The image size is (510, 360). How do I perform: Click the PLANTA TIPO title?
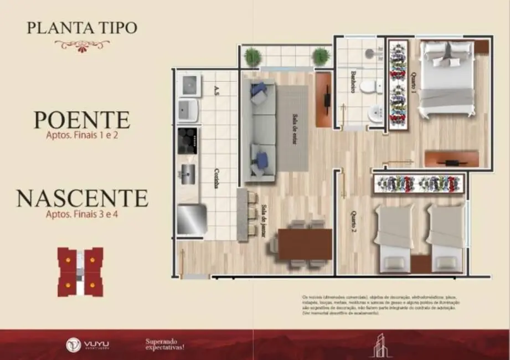[82, 27]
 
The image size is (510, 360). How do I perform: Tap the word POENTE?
[82, 120]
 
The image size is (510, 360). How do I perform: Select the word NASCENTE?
[82, 198]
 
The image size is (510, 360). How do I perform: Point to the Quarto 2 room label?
[353, 222]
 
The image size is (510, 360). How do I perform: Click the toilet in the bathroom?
[368, 86]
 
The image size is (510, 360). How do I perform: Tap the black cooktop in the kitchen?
[188, 141]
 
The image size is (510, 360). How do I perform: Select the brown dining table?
[305, 244]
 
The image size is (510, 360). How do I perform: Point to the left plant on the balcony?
[253, 56]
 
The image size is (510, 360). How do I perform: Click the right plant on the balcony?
[321, 55]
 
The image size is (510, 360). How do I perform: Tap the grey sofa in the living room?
[259, 131]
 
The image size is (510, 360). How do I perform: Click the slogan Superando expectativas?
[164, 344]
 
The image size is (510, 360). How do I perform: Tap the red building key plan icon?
[80, 271]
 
